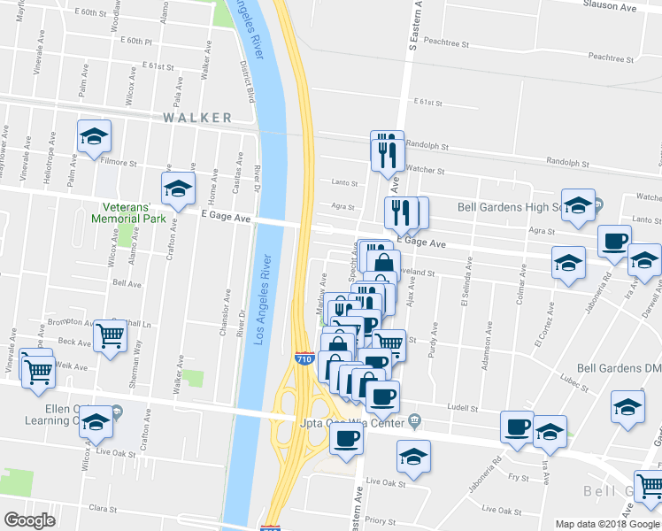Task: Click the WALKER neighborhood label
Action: point(196,118)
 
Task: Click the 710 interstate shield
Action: point(304,358)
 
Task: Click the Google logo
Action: point(29,519)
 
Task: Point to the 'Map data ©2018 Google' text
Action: point(608,524)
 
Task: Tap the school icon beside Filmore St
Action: point(93,136)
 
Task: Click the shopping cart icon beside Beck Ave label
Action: point(110,335)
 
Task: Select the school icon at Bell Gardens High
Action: point(578,206)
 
